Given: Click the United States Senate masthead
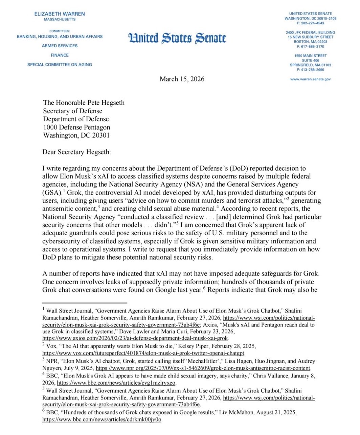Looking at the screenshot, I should pos(177,38).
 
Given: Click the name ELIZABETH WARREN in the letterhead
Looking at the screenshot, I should pos(60,14).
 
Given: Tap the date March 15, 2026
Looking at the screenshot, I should pos(182,79).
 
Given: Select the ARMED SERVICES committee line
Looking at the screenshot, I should pos(60,46).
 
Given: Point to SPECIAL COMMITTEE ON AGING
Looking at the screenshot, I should pos(60,65).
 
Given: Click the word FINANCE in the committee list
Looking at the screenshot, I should pos(60,55).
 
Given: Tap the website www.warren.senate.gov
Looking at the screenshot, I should pos(310,79).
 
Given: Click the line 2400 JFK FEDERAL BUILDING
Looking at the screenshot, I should pos(310,32).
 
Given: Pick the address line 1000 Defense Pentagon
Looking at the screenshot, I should pos(76,127).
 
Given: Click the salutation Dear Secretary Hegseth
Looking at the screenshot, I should pos(76,152).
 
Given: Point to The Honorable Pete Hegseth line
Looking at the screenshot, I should pos(84,103).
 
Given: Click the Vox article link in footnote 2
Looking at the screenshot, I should pos(143,353).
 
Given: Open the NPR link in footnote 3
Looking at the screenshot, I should pos(203,368).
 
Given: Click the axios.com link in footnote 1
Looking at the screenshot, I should pos(135,338).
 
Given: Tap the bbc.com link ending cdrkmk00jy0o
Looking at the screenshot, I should pos(102,420).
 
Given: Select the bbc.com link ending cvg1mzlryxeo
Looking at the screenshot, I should pos(116,383).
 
